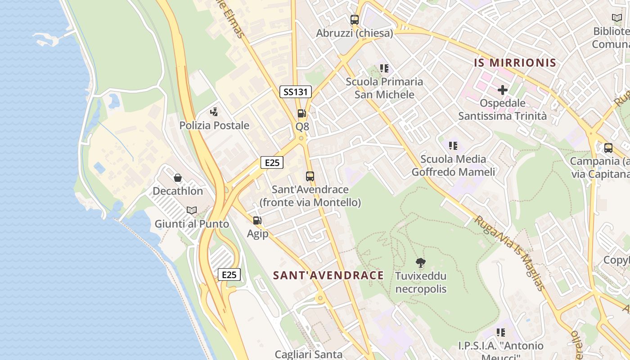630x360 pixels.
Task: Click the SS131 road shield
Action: point(295,92)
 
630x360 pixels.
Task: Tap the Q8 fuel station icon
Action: point(301,113)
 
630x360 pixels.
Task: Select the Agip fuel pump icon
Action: point(257,220)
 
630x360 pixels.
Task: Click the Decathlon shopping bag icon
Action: point(178,178)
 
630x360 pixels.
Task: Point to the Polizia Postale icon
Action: point(214,112)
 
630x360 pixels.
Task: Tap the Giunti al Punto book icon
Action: point(192,210)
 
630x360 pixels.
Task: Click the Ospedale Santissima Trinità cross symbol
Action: point(502,90)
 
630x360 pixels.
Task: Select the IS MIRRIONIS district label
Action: point(515,63)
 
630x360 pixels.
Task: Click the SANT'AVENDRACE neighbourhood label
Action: point(328,275)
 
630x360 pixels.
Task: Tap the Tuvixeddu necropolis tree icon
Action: point(421,262)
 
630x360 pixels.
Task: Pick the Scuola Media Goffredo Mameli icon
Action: point(453,145)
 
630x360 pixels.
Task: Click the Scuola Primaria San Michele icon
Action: point(384,68)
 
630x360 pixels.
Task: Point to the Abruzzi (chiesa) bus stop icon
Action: point(355,20)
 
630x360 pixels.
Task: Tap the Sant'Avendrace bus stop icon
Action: point(310,176)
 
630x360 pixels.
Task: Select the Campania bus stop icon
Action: point(608,148)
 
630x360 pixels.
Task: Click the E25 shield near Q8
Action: point(272,162)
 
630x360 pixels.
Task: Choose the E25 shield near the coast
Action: point(229,274)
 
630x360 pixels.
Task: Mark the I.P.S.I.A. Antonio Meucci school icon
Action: point(500,333)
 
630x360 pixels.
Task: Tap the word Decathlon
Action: point(178,191)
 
